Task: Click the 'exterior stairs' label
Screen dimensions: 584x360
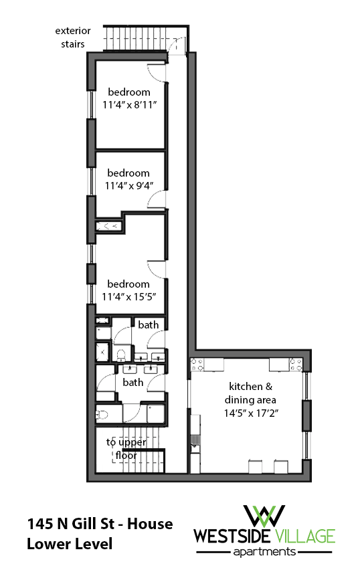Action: click(70, 37)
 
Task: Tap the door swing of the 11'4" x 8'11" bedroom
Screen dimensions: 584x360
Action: click(155, 73)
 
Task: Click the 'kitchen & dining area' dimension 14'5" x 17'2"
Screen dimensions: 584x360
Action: click(254, 413)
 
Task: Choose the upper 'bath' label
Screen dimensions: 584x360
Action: click(149, 325)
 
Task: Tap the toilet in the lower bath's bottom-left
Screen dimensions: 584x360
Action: click(102, 414)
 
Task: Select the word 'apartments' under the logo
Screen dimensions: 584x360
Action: click(264, 552)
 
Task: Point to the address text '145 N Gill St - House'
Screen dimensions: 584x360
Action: click(100, 523)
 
